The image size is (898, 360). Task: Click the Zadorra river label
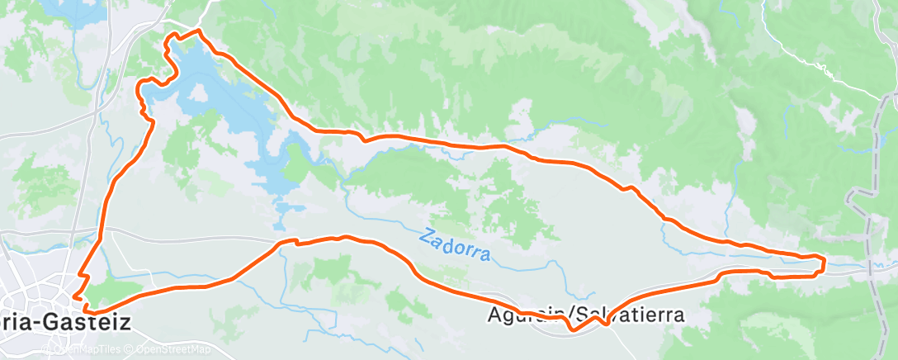455,244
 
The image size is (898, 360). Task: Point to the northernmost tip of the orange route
198,31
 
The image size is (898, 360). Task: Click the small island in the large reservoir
200,96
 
